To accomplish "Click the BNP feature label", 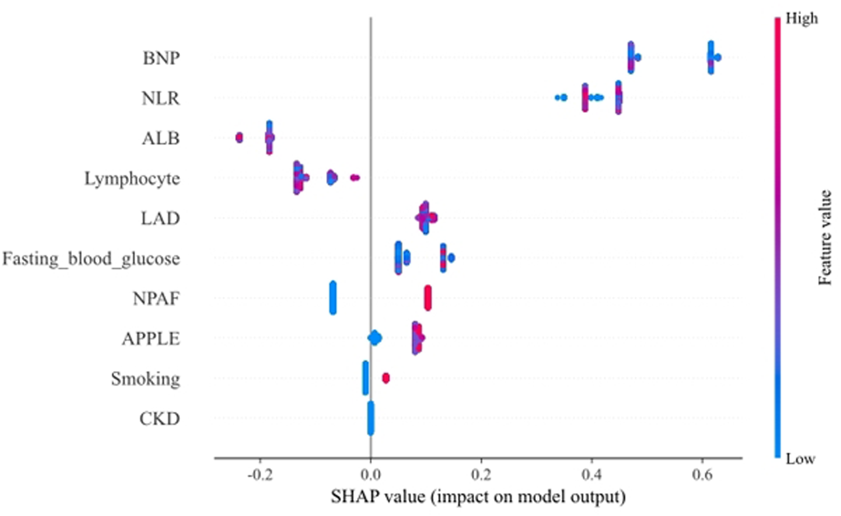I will click(161, 58).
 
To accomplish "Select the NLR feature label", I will click(160, 98).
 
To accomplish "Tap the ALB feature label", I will click(160, 138).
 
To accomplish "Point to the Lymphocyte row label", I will click(132, 178).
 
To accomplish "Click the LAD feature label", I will click(160, 218).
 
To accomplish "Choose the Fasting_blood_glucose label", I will click(91, 259).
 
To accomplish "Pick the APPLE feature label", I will click(151, 339).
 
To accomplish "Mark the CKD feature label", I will click(159, 419).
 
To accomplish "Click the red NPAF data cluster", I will click(428, 298).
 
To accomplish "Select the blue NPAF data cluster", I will click(333, 298).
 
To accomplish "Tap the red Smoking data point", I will click(386, 378).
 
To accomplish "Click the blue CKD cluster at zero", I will click(371, 418).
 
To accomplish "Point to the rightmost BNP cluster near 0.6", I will click(711, 57).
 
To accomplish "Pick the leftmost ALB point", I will click(239, 137).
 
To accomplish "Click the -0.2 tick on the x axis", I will click(260, 475).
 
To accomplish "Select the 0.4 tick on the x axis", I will click(592, 475).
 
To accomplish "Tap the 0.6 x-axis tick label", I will click(702, 475).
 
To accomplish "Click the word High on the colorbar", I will click(801, 19).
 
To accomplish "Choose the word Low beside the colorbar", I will click(800, 459).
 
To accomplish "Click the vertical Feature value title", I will click(824, 238).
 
